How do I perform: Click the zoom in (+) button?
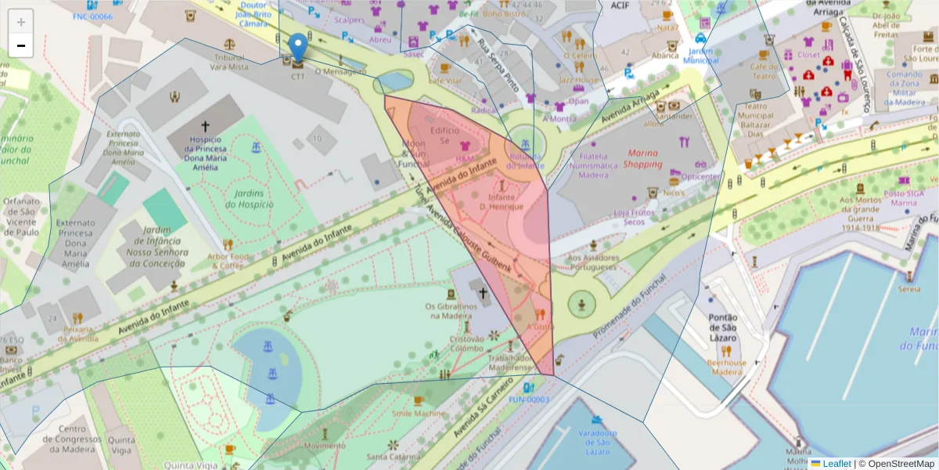[21, 22]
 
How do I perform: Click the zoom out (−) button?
[21, 46]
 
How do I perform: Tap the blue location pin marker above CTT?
[297, 47]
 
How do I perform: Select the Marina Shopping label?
[642, 158]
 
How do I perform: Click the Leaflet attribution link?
[836, 464]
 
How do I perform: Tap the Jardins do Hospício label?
[249, 198]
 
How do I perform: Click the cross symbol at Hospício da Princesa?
[206, 125]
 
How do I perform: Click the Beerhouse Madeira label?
[725, 367]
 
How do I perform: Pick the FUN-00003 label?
[529, 399]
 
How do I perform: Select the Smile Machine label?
[419, 413]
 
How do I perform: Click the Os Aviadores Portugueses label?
[593, 262]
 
